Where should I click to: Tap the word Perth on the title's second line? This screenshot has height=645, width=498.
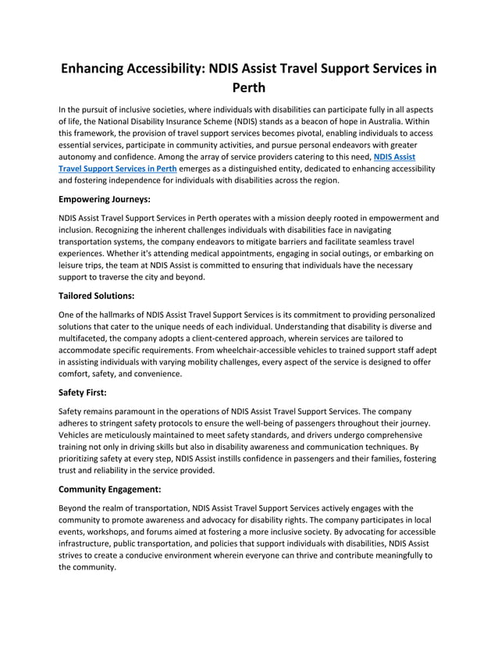pos(249,87)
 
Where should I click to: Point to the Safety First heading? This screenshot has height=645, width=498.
pos(84,393)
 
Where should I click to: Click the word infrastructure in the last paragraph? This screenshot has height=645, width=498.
pos(90,543)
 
